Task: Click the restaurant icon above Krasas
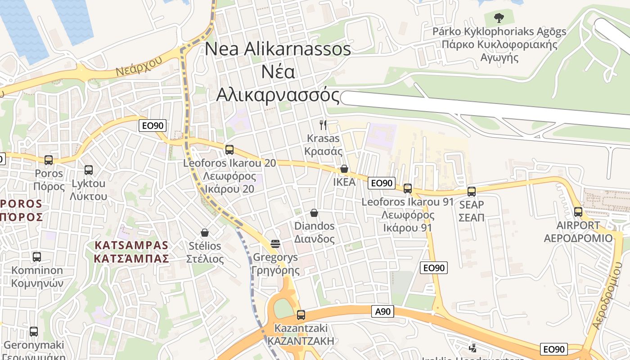coord(323,125)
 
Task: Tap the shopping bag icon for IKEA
coord(344,169)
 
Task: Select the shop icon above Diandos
coord(314,212)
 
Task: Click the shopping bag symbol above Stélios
coord(205,233)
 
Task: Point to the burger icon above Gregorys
coord(275,244)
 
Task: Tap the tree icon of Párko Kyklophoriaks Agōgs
coord(499,18)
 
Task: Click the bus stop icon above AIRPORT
coord(578,211)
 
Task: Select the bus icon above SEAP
coord(472,191)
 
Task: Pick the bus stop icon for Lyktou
coord(89,170)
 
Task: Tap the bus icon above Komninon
coord(37,257)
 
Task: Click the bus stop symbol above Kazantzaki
coord(301,315)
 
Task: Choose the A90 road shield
coord(383,311)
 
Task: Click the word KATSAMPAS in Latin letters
coord(131,245)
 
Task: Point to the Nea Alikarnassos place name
coord(278,49)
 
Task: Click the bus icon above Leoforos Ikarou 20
coord(229,150)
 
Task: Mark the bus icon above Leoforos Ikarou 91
coord(408,189)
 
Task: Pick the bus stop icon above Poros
coord(49,160)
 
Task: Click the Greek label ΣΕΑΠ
coord(471,218)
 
